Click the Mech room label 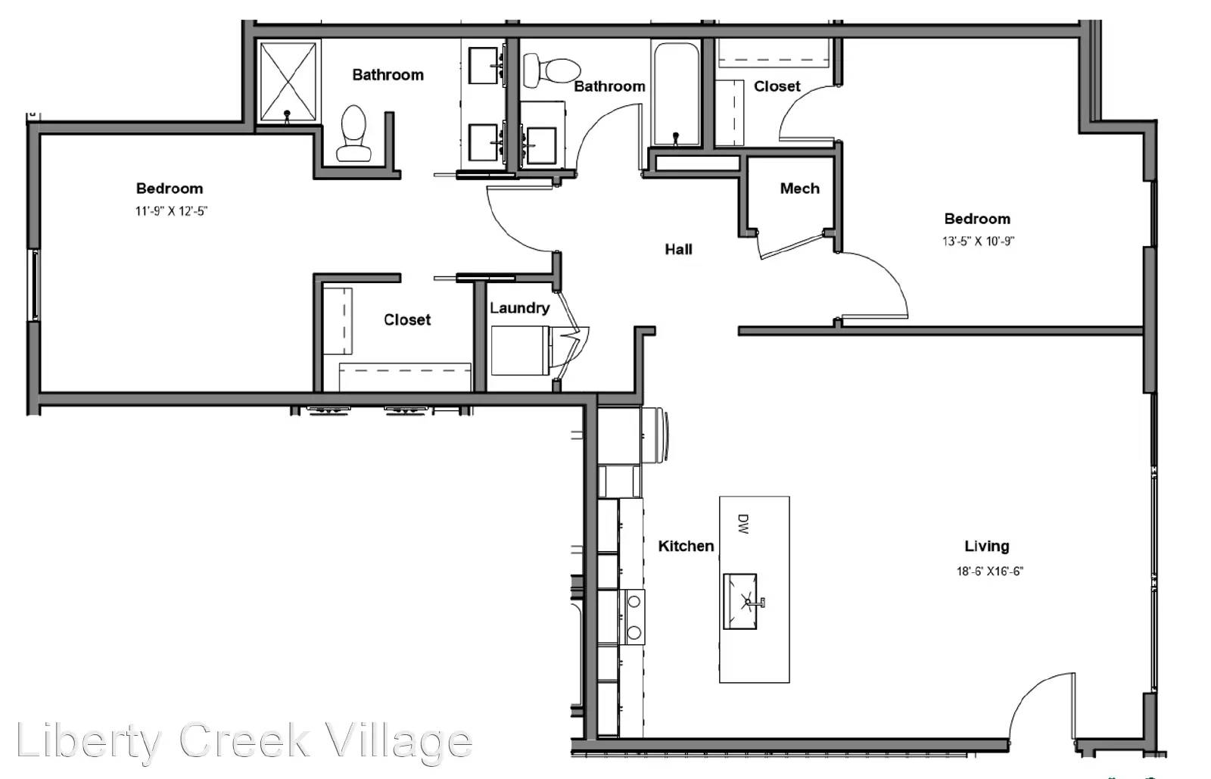[799, 189]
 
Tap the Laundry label [519, 308]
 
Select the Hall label [678, 249]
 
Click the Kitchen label [686, 546]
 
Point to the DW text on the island [742, 525]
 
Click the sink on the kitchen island [740, 601]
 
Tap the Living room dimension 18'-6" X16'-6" [989, 572]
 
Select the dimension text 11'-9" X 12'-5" [171, 211]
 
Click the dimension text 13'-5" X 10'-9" [978, 241]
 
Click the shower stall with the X [288, 81]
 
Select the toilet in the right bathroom [550, 70]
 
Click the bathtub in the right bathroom [676, 94]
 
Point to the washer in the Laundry [520, 351]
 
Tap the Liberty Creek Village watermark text [244, 740]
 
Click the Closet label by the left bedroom [406, 319]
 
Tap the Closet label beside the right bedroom [777, 86]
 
